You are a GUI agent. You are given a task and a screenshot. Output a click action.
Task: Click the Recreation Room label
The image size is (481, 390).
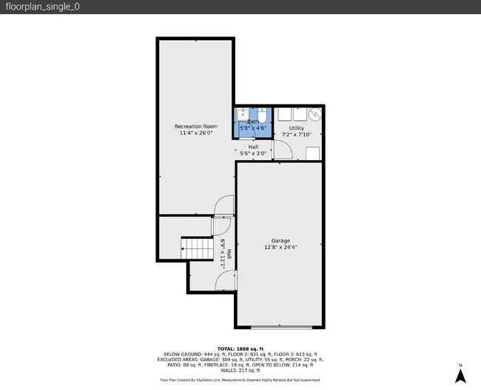(195, 126)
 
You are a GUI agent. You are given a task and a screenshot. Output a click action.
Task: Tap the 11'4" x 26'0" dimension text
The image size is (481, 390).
(195, 133)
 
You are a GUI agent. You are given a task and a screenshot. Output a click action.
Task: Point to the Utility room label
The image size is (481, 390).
(296, 128)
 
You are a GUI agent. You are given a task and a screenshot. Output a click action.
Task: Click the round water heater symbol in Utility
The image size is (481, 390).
(315, 115)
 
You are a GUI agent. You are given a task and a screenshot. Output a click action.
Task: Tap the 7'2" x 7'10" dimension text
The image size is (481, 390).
(296, 135)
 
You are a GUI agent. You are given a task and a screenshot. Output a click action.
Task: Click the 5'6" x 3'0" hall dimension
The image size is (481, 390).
(253, 153)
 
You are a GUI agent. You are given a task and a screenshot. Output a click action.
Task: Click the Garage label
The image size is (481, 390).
(280, 240)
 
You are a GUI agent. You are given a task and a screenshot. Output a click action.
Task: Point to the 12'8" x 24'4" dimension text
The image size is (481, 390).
(280, 247)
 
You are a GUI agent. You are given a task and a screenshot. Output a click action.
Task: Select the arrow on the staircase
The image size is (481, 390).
(184, 250)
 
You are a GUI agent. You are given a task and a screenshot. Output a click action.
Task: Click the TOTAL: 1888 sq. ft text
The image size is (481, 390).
(240, 348)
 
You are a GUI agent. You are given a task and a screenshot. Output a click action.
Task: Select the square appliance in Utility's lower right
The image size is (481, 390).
(313, 153)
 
